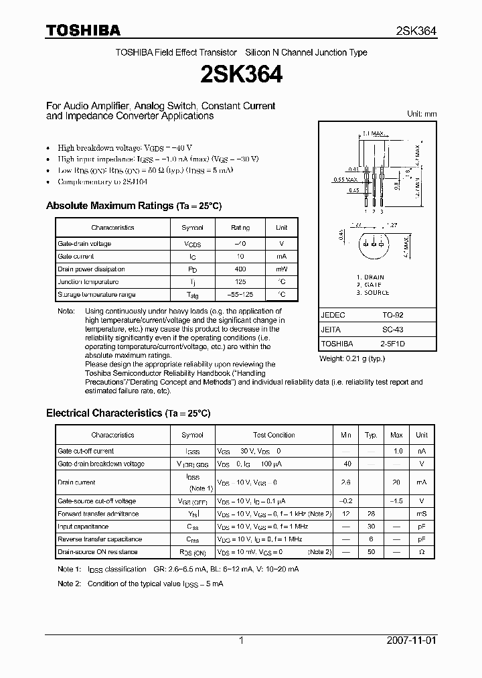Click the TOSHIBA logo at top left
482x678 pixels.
(83, 30)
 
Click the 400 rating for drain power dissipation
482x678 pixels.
(240, 269)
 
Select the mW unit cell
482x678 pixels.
(282, 269)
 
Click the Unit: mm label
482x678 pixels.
(422, 114)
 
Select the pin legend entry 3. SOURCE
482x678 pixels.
(373, 293)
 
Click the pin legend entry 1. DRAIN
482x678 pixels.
(370, 277)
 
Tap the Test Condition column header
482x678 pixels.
(274, 435)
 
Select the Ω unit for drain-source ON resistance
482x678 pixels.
(422, 552)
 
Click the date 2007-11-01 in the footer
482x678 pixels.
(412, 640)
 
